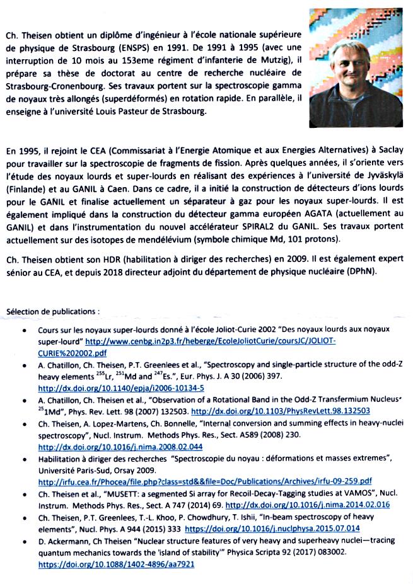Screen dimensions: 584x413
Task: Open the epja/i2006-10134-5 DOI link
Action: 121,388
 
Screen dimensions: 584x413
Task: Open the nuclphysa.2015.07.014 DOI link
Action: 281,529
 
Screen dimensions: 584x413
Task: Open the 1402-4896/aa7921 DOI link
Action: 115,564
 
